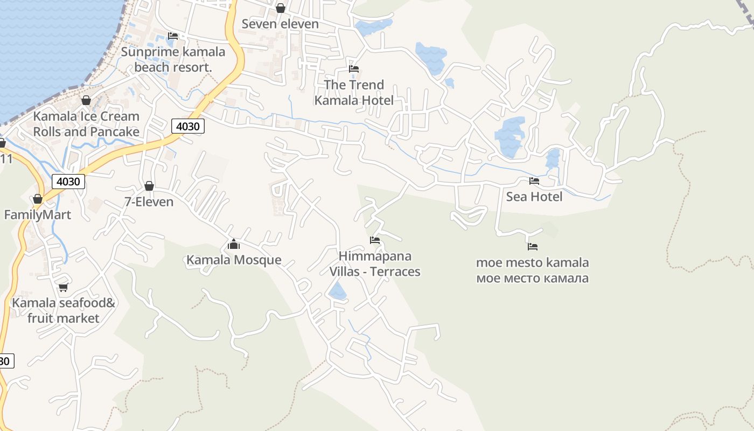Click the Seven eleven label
280,24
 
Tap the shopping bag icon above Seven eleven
280,8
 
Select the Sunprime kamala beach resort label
173,59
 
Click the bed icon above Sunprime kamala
173,36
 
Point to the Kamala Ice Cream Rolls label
86,124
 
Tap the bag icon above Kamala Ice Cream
86,100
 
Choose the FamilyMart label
38,215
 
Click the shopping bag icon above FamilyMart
37,199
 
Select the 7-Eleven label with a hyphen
149,202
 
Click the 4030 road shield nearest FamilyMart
68,182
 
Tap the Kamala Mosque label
234,260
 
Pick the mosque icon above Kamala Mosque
233,244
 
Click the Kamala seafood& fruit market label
64,310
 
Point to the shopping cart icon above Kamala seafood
63,287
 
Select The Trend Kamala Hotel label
354,92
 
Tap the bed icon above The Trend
354,69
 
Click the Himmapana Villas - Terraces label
375,263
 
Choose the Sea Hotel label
534,197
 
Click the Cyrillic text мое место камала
532,279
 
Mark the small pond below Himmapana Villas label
338,291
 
